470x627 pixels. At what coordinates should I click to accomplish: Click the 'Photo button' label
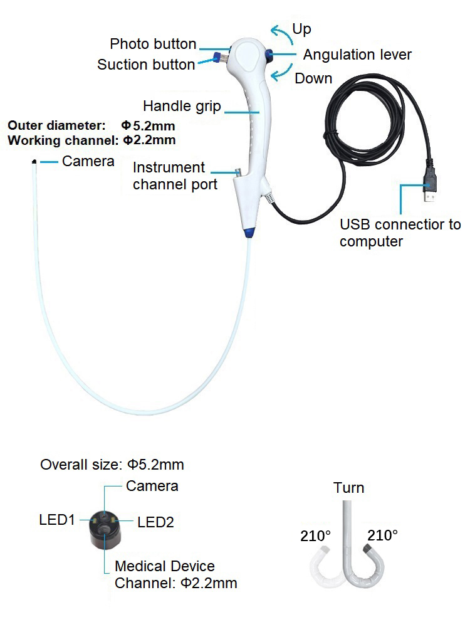coord(154,44)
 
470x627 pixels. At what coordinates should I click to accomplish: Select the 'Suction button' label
coord(146,65)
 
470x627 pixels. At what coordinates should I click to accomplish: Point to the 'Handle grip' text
coord(182,106)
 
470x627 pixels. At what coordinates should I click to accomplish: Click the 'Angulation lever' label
coord(357,55)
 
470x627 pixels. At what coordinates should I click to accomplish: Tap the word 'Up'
coord(301,29)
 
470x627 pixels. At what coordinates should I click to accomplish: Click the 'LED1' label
coord(57,520)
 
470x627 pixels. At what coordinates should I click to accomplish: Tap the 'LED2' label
coord(155,522)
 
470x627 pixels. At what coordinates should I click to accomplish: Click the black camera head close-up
coord(103,529)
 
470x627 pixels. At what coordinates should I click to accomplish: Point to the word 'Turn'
coord(348,488)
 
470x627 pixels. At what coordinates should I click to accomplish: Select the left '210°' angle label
coord(315,536)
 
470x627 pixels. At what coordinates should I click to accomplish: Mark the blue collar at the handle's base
coord(248,233)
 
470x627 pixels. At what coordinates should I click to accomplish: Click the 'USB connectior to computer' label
coord(399,233)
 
